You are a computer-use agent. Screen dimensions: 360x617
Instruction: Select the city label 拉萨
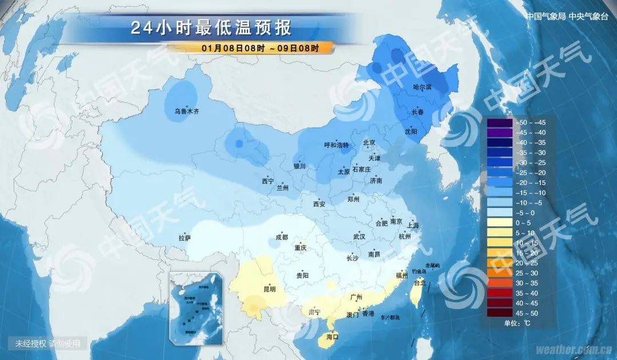[185, 238]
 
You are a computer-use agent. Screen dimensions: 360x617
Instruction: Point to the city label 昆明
[269, 289]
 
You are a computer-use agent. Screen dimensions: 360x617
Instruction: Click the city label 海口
[332, 337]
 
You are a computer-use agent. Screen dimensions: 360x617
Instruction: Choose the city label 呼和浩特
[336, 146]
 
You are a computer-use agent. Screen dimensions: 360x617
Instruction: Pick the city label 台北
[420, 282]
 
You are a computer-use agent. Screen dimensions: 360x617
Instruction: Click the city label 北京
[369, 143]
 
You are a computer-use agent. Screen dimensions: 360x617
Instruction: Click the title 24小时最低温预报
[211, 27]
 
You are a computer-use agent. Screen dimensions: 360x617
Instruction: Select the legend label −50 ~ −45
[531, 122]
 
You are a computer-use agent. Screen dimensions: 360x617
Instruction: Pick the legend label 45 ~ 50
[529, 313]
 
